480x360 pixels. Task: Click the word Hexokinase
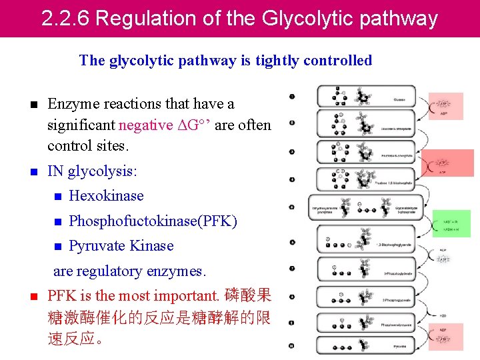click(106, 196)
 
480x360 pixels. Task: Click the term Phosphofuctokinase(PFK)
click(153, 221)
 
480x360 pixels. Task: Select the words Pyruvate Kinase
click(121, 246)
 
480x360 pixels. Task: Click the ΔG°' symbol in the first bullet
click(201, 125)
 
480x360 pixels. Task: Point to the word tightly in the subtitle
click(275, 61)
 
